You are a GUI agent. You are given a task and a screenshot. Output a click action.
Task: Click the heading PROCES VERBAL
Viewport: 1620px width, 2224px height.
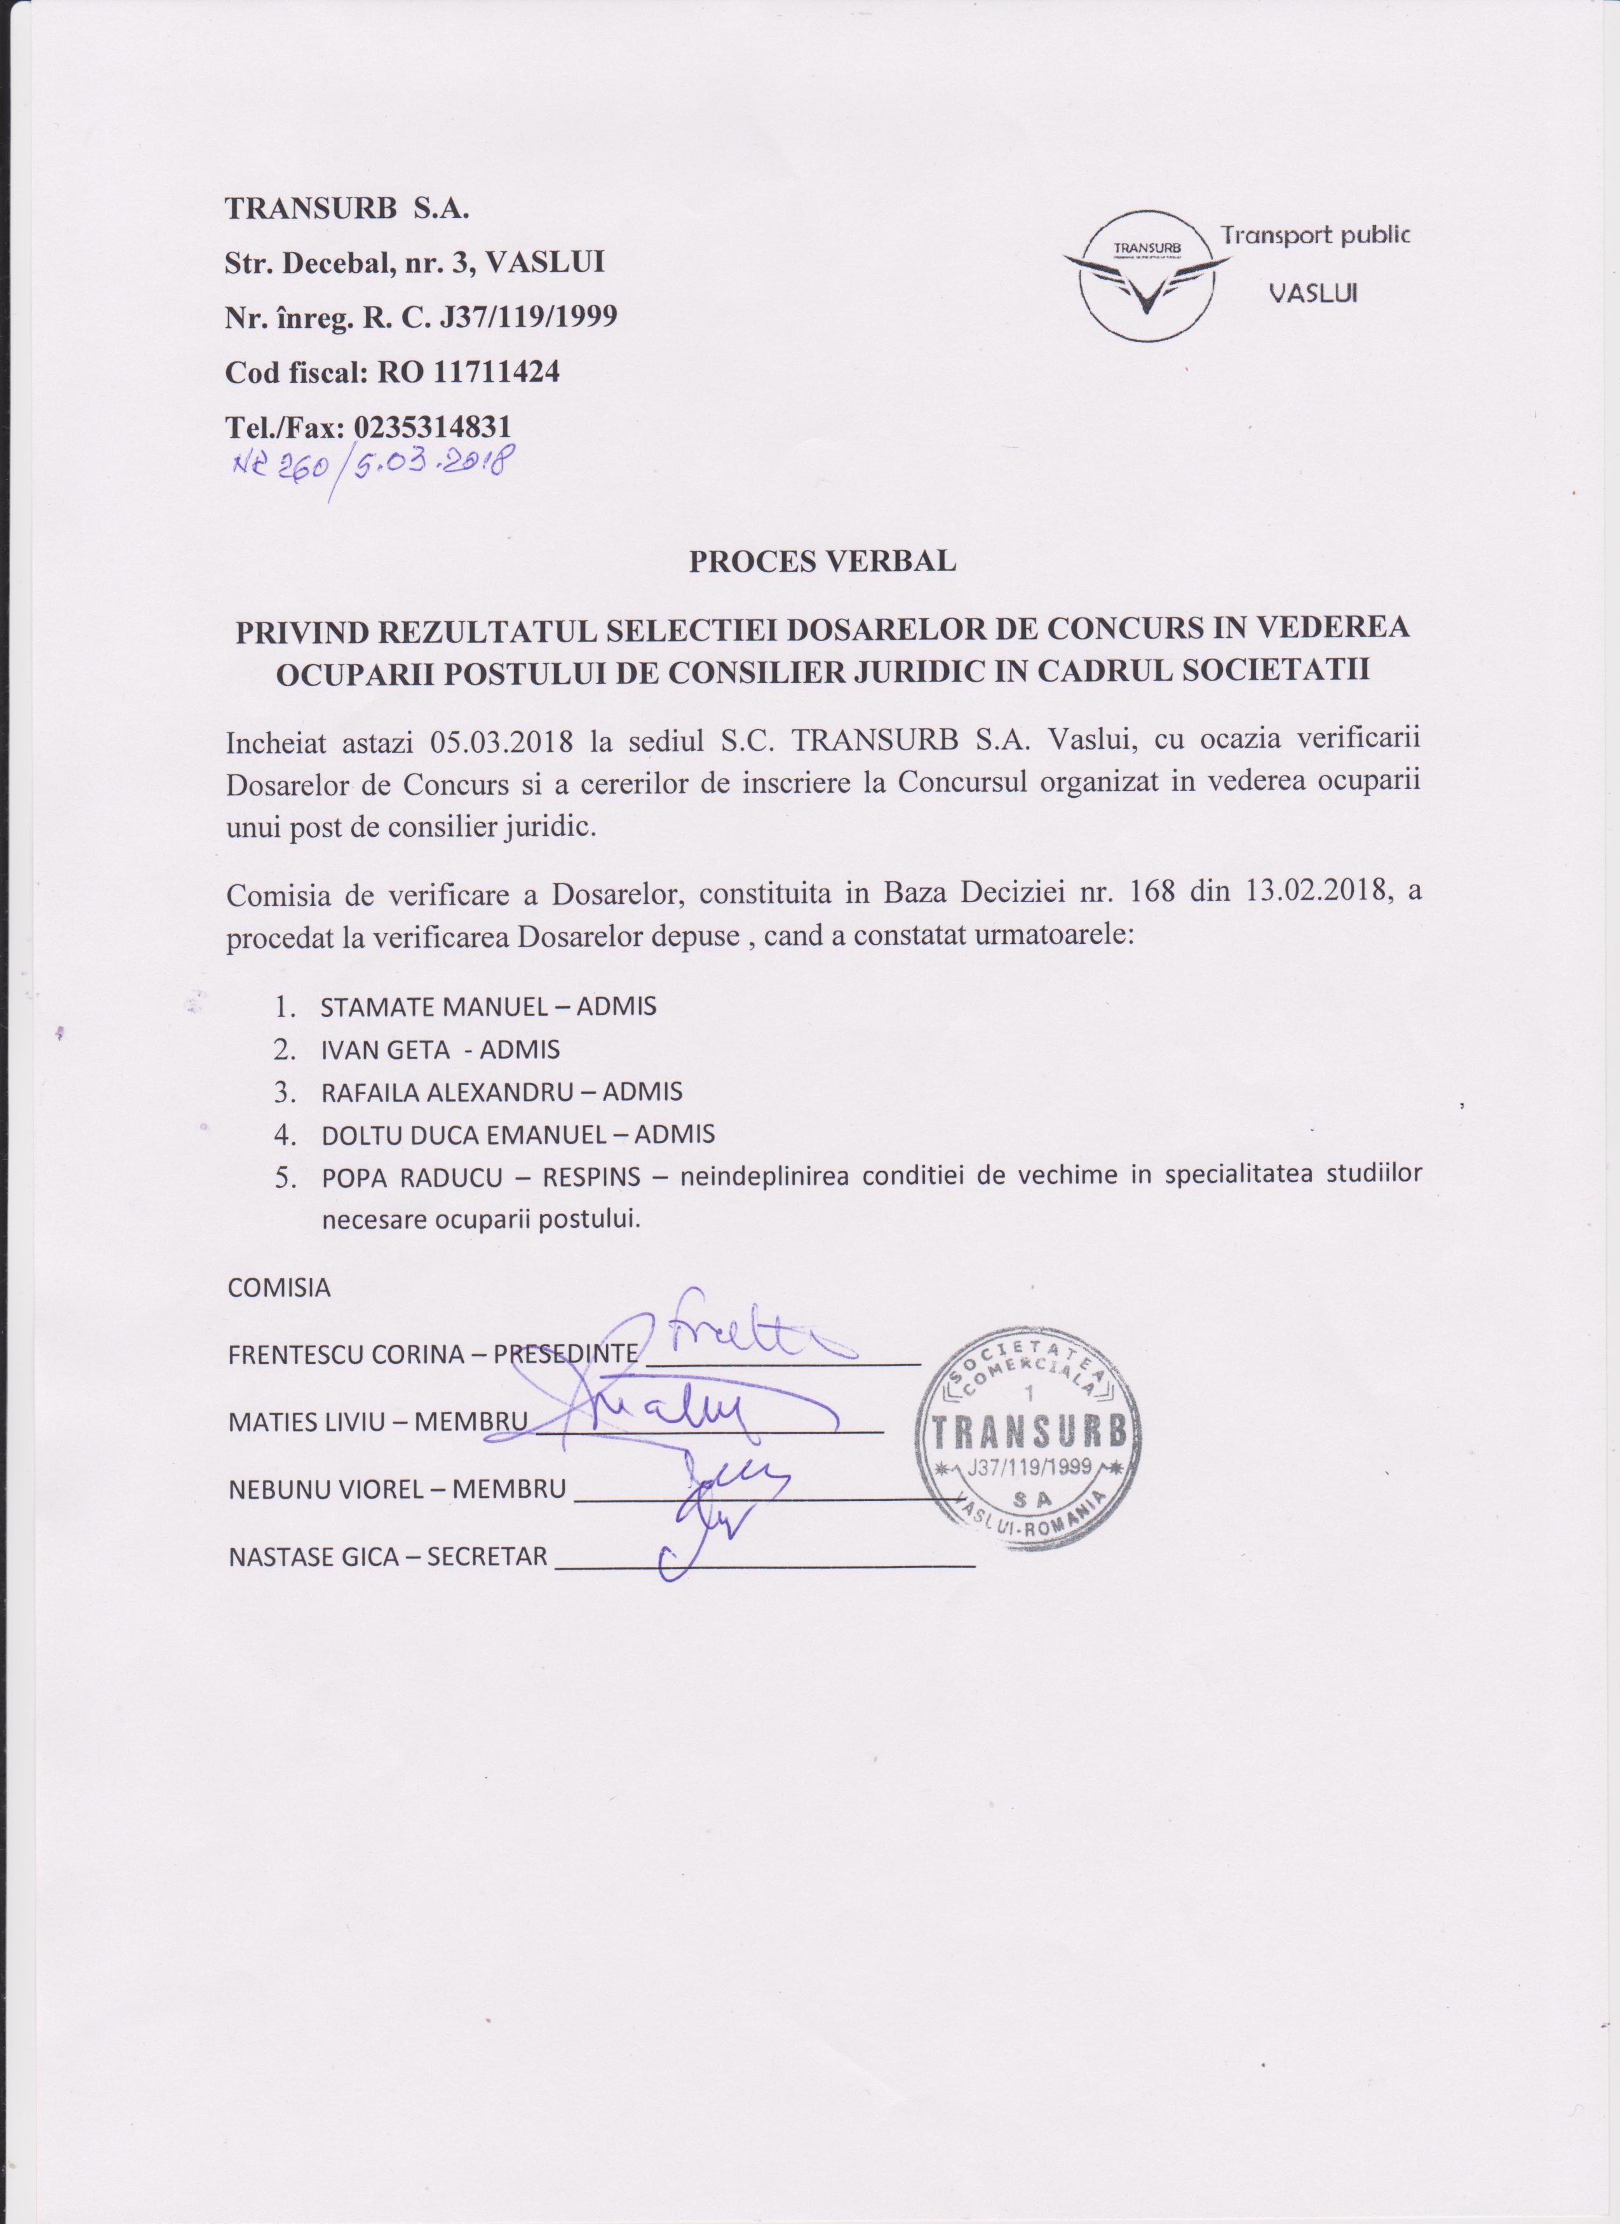[822, 561]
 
